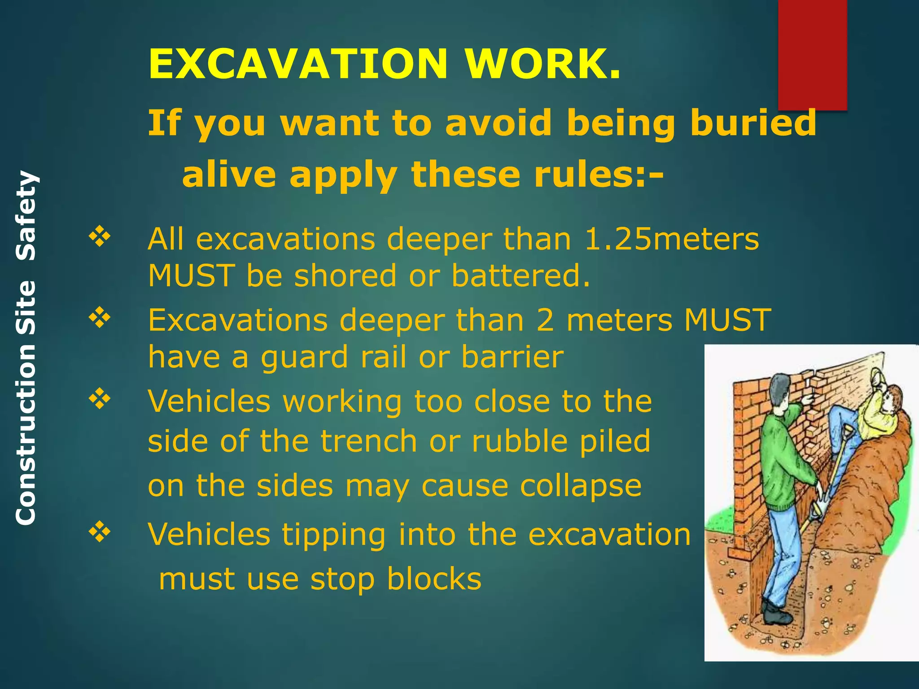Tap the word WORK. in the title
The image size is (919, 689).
click(x=543, y=64)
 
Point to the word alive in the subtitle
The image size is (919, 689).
click(x=229, y=174)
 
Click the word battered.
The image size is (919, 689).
click(x=521, y=275)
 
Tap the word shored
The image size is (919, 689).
click(x=346, y=275)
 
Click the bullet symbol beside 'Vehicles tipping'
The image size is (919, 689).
click(x=100, y=532)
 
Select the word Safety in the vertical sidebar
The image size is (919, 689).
click(x=26, y=216)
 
